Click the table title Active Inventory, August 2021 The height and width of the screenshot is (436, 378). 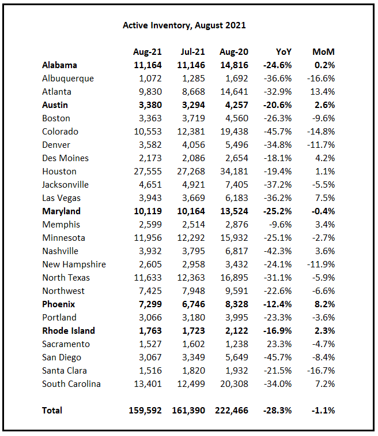click(x=184, y=25)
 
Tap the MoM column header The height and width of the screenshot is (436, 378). click(x=323, y=52)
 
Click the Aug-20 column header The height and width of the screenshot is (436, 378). click(x=233, y=52)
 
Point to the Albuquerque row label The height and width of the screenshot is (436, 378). click(x=67, y=79)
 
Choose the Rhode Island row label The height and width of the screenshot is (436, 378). click(x=69, y=331)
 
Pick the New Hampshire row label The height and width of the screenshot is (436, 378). click(x=74, y=264)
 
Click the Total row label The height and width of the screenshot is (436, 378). click(x=52, y=411)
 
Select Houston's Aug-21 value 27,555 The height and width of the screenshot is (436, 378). click(x=147, y=172)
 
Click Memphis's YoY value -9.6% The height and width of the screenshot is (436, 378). click(x=280, y=225)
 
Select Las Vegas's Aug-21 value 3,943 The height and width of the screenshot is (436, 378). click(x=149, y=198)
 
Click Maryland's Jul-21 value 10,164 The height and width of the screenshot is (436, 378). click(x=190, y=211)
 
